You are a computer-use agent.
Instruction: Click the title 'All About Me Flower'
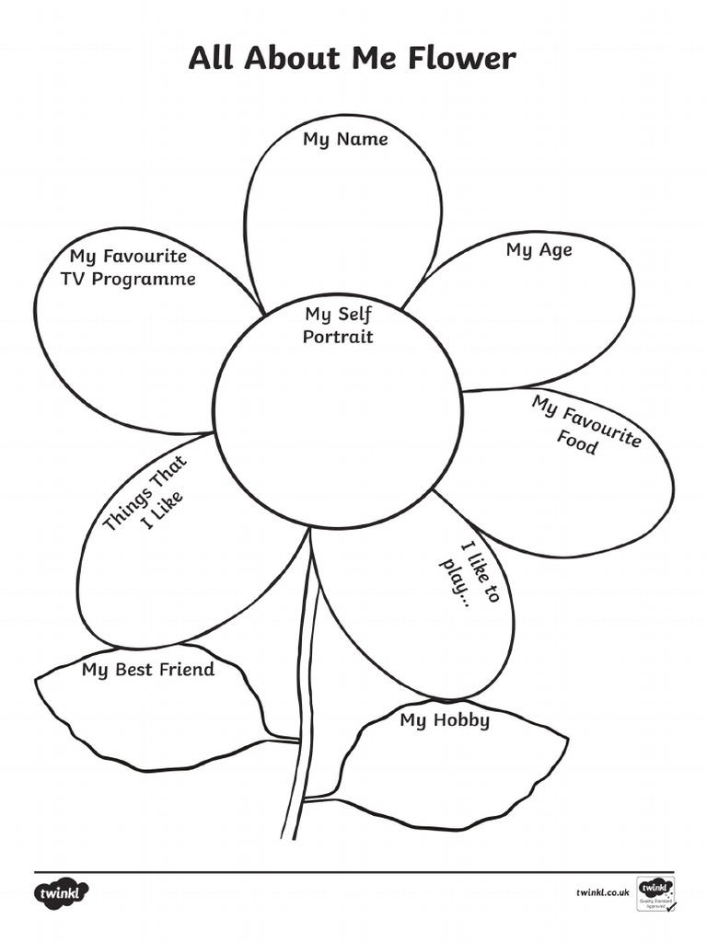[x=353, y=59]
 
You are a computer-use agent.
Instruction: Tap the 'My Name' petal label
[x=345, y=140]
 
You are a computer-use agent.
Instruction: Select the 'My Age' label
[x=539, y=250]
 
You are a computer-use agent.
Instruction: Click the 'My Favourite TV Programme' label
[x=128, y=267]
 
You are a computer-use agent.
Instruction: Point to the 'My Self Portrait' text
[x=339, y=326]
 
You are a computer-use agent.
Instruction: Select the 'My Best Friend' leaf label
[x=147, y=670]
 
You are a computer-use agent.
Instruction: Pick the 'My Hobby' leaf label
[x=445, y=719]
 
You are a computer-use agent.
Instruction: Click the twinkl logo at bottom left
[x=63, y=893]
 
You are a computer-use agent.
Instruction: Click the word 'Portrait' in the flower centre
[x=339, y=337]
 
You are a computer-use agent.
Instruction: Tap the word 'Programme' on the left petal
[x=150, y=279]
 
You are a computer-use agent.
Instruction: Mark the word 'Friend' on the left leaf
[x=187, y=670]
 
